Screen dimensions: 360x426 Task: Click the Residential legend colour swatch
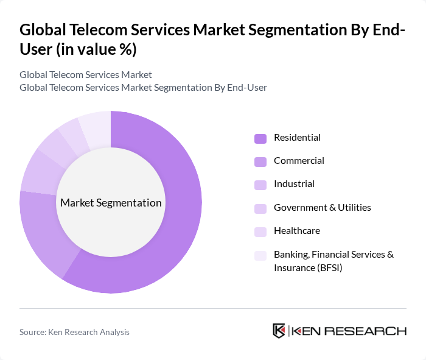[x=260, y=138]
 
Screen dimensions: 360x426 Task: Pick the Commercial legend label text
[x=299, y=161]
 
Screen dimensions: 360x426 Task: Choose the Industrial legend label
[x=294, y=184]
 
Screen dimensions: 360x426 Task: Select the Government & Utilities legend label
[x=322, y=207]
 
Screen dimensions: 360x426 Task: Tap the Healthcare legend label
[x=296, y=231]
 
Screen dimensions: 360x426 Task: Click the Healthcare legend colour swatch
[x=260, y=231]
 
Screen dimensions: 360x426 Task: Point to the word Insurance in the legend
[x=294, y=268]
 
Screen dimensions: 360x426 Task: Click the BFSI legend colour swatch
[x=260, y=255]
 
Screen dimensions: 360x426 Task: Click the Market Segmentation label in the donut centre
[x=111, y=203]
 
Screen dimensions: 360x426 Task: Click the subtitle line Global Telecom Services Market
[x=85, y=75]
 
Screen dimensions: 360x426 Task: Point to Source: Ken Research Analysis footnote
[x=74, y=332]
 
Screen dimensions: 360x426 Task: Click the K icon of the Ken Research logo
[x=279, y=331]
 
